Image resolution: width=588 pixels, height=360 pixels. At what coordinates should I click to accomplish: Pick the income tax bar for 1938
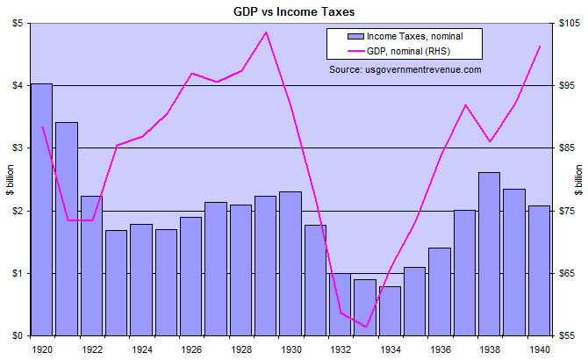coord(490,254)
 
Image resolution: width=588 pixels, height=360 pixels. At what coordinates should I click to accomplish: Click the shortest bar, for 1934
coord(390,311)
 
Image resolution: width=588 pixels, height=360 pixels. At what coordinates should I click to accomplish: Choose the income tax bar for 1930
coord(290,263)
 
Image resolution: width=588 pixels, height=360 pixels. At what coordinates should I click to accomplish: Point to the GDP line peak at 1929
coord(266,32)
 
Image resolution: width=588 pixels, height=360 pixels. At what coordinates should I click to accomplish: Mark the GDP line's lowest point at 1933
coord(365,327)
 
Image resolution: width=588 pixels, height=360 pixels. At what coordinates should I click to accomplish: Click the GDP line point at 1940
coord(540,46)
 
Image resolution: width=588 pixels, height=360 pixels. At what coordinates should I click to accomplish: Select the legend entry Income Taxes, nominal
coord(412,37)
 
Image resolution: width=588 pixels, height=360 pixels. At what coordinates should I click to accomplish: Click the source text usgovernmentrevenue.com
coord(405,68)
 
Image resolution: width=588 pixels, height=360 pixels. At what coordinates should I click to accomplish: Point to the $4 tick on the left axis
coord(17,85)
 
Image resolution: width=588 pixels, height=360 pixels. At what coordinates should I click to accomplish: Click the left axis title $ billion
coord(8,180)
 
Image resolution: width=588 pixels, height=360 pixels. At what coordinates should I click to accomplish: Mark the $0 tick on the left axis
coord(17,335)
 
